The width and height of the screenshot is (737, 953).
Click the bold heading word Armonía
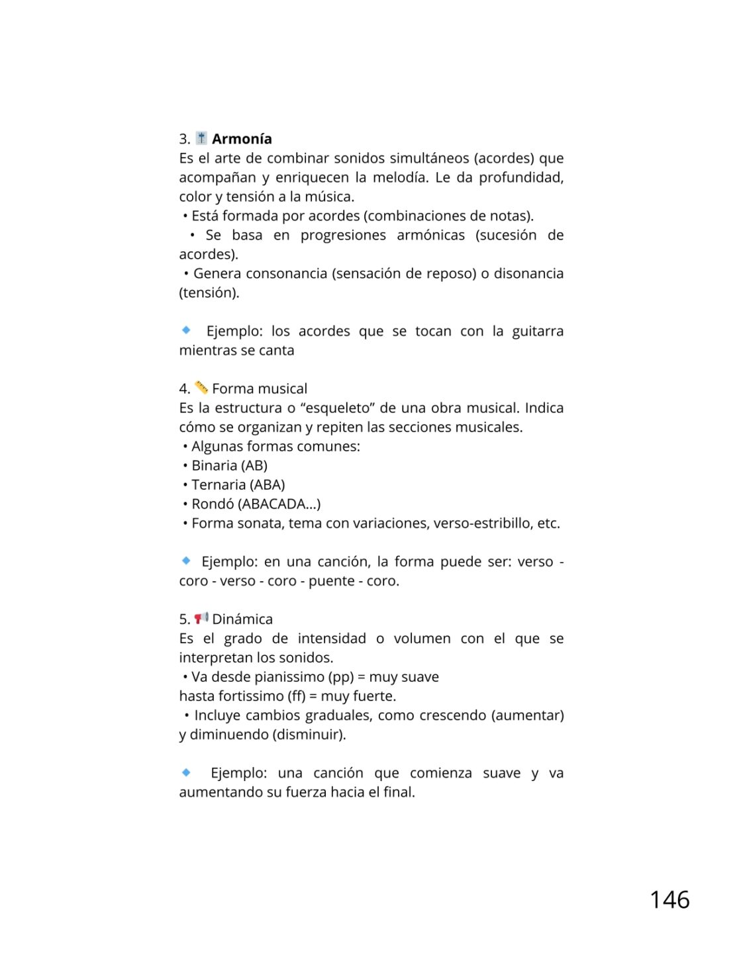tap(242, 139)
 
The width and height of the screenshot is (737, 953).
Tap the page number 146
tap(669, 900)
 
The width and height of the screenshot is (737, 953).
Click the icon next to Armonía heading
tap(201, 138)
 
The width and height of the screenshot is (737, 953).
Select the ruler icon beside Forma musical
tap(201, 388)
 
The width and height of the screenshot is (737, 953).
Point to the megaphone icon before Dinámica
tap(201, 619)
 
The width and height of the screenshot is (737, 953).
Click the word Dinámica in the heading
tap(242, 619)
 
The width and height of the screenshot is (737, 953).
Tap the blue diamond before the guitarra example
tap(186, 330)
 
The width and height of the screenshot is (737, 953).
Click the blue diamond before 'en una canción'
tap(186, 561)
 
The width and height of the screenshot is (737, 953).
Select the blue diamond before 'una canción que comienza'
tap(186, 772)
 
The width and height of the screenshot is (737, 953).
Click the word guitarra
tap(537, 332)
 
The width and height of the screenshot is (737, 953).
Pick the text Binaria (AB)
tap(229, 466)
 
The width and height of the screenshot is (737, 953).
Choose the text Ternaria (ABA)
tap(238, 485)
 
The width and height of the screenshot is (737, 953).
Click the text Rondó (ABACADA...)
tap(256, 504)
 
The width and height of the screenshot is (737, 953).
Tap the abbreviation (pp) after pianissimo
tap(341, 677)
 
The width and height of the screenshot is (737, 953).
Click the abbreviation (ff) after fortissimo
tap(296, 696)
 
